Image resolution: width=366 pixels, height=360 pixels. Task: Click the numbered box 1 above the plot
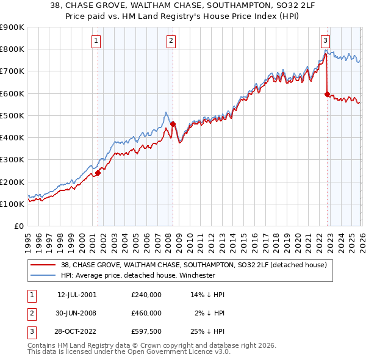click(x=97, y=41)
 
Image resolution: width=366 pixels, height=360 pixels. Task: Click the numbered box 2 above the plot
click(x=171, y=41)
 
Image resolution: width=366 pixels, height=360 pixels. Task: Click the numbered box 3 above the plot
click(x=326, y=41)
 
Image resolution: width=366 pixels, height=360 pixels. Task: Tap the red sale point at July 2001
click(x=98, y=173)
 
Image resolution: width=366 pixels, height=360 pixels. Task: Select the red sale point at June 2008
click(x=173, y=124)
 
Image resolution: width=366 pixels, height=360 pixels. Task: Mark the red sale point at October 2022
click(x=327, y=94)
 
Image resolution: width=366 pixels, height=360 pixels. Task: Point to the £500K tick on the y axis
click(x=12, y=115)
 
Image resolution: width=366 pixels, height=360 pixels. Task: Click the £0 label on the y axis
click(x=18, y=226)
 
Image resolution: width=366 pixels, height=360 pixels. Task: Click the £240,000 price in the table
click(x=146, y=295)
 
